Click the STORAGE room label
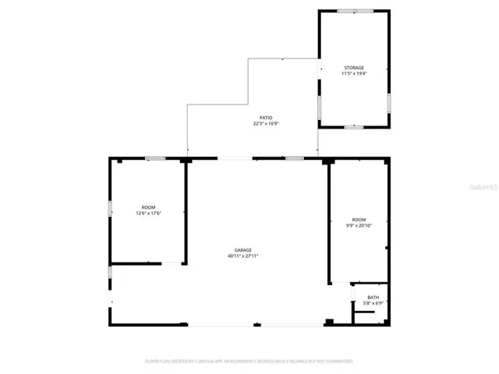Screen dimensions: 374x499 click(x=354, y=68)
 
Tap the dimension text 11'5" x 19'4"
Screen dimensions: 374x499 click(x=354, y=74)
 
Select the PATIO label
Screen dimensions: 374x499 click(x=267, y=118)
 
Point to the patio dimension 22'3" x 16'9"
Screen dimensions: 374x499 click(x=267, y=124)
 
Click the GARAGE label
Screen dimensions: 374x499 click(x=243, y=249)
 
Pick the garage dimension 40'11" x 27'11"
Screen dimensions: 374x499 click(x=243, y=256)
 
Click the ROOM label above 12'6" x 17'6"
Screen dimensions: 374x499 click(x=148, y=206)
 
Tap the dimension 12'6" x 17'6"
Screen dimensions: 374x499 click(x=148, y=213)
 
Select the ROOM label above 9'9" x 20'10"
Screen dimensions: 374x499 click(x=359, y=220)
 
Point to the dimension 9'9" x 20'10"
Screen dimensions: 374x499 click(x=359, y=226)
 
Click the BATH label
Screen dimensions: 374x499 click(x=373, y=297)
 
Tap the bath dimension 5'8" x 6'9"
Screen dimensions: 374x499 click(x=373, y=303)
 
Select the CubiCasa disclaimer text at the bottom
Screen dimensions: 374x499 click(x=249, y=362)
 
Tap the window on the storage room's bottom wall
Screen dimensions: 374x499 click(x=354, y=126)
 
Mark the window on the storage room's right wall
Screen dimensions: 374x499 click(x=388, y=103)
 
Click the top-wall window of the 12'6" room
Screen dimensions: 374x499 click(x=155, y=159)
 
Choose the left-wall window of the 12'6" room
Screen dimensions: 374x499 click(x=110, y=209)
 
